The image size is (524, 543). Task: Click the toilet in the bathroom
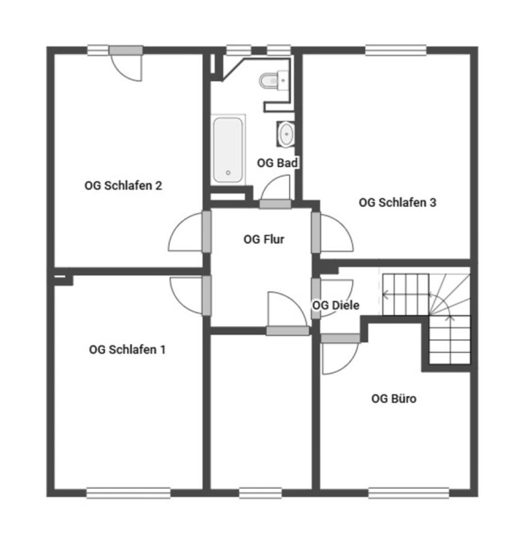(x=273, y=80)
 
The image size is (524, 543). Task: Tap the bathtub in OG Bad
(x=228, y=150)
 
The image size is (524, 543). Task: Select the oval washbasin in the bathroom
(x=286, y=134)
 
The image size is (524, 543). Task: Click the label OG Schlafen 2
(x=123, y=186)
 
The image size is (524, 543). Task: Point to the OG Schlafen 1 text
(x=127, y=349)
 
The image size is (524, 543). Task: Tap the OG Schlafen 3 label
(x=398, y=203)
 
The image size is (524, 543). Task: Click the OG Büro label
(x=394, y=399)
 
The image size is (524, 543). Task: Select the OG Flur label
(x=264, y=240)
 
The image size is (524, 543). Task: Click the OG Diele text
(x=335, y=305)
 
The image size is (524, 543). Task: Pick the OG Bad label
(x=277, y=163)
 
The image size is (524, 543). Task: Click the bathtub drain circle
(x=228, y=173)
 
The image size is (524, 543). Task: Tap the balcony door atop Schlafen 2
(x=126, y=63)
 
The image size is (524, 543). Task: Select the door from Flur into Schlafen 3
(x=332, y=232)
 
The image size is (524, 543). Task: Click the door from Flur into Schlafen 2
(x=190, y=232)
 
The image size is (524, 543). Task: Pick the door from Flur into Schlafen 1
(x=190, y=296)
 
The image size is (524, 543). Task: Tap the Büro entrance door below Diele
(x=340, y=354)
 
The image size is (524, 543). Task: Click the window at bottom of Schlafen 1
(x=128, y=493)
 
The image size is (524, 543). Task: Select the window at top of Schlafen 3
(x=396, y=51)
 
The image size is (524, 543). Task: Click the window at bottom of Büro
(x=408, y=493)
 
